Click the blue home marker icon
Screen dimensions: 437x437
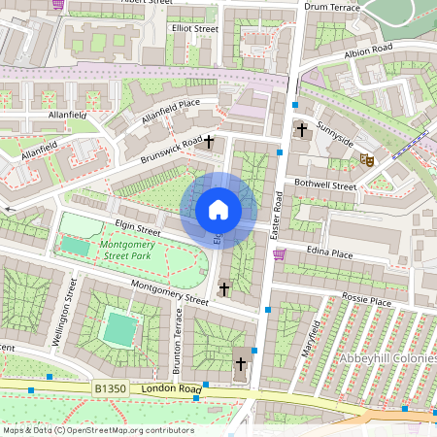218,210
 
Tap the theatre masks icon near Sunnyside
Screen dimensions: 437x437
367,157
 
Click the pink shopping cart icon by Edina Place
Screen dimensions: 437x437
280,254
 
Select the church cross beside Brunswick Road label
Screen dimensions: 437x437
208,142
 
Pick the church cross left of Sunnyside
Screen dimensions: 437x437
302,129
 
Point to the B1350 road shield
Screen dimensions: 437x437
111,388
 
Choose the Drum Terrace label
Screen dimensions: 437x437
331,7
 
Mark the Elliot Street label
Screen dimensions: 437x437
194,29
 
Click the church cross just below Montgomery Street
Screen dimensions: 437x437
224,288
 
